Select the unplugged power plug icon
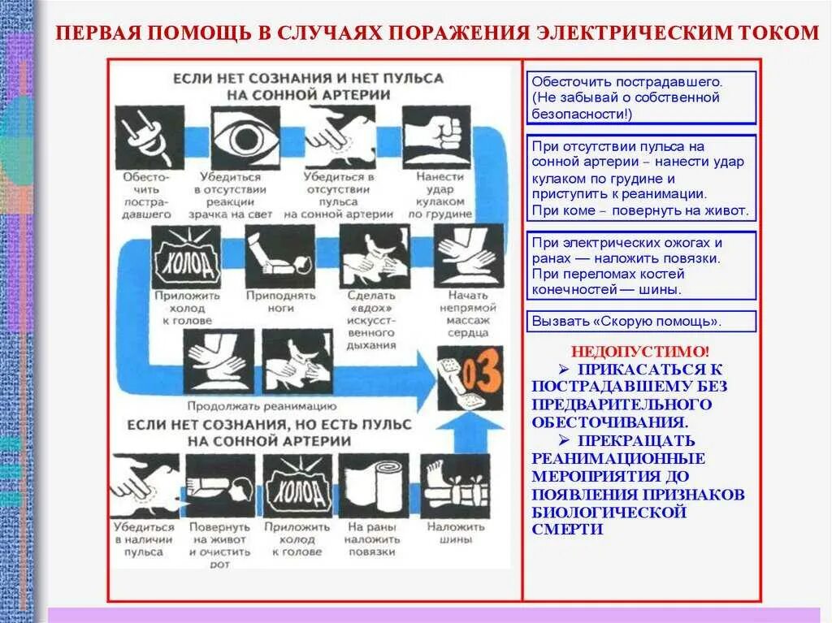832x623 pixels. tap(148, 136)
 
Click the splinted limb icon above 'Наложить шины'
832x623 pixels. tap(454, 486)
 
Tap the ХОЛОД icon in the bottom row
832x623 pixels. tap(298, 486)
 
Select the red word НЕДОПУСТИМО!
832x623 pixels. tap(640, 352)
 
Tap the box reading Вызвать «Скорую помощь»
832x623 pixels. tap(641, 321)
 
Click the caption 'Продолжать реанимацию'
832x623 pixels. tap(262, 405)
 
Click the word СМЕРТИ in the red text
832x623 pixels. tap(568, 529)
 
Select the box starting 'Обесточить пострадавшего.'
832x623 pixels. tap(641, 97)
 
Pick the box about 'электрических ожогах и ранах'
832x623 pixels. tap(641, 266)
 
